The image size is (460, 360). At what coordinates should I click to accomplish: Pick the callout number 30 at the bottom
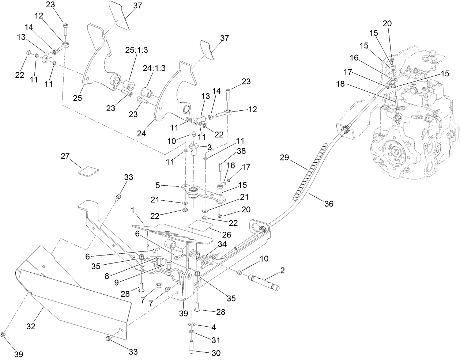click(x=216, y=353)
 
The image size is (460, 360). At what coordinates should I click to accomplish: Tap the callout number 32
click(x=31, y=326)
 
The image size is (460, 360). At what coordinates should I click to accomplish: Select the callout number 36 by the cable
click(x=329, y=204)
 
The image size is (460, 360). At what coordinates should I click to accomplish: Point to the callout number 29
click(x=284, y=158)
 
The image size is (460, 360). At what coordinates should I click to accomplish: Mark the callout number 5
click(x=158, y=185)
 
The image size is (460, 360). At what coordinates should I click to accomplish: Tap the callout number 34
click(x=222, y=244)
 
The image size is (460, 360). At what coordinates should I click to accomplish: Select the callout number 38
click(x=241, y=151)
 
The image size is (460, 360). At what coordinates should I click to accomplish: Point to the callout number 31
click(x=216, y=340)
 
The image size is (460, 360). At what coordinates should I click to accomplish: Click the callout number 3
click(x=210, y=147)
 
